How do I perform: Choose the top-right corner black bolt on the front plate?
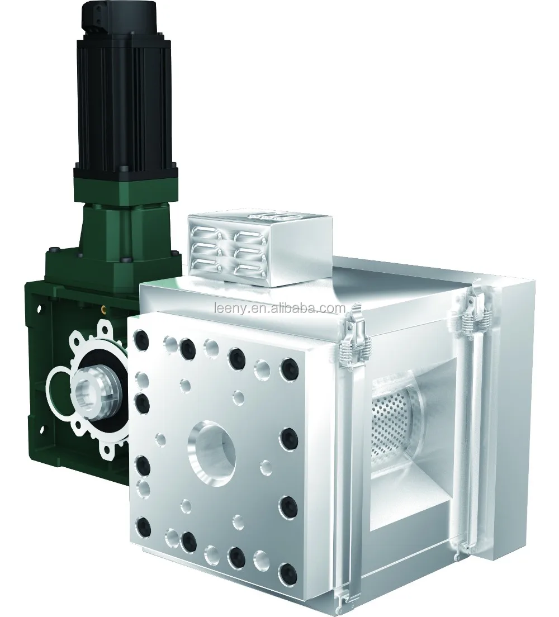(x=289, y=368)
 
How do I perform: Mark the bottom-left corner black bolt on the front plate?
(x=144, y=525)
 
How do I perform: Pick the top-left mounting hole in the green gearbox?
(x=40, y=307)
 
